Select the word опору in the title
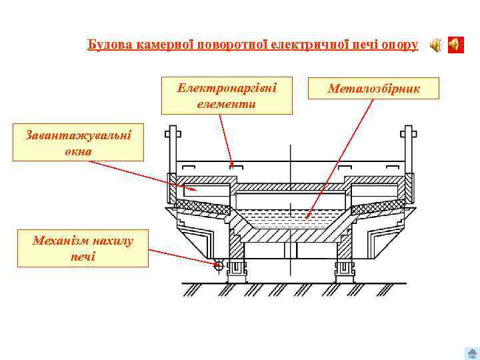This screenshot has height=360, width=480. pyautogui.click(x=401, y=45)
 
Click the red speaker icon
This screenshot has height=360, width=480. pyautogui.click(x=455, y=45)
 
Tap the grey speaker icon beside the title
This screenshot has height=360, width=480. pyautogui.click(x=435, y=45)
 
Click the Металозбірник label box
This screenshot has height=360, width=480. pyautogui.click(x=373, y=88)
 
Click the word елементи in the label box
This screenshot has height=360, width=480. pyautogui.click(x=227, y=104)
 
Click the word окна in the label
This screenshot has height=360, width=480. pyautogui.click(x=78, y=151)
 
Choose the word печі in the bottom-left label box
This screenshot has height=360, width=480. pyautogui.click(x=82, y=255)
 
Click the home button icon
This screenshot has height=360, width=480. pyautogui.click(x=471, y=353)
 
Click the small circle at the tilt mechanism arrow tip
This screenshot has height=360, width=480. pyautogui.click(x=217, y=265)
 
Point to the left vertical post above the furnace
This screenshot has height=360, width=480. pyautogui.click(x=172, y=143)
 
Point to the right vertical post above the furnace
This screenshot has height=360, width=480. pyautogui.click(x=406, y=143)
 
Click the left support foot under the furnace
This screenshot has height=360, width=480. pyautogui.click(x=236, y=269)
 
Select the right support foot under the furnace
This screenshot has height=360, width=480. pyautogui.click(x=344, y=269)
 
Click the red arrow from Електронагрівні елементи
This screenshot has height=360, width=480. pyautogui.click(x=225, y=137)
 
